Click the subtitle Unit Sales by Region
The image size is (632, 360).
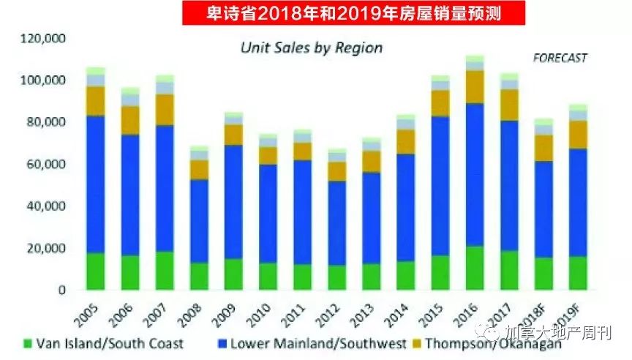(312, 48)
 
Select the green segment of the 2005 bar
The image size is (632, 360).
(95, 271)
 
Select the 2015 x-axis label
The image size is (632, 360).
(436, 312)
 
